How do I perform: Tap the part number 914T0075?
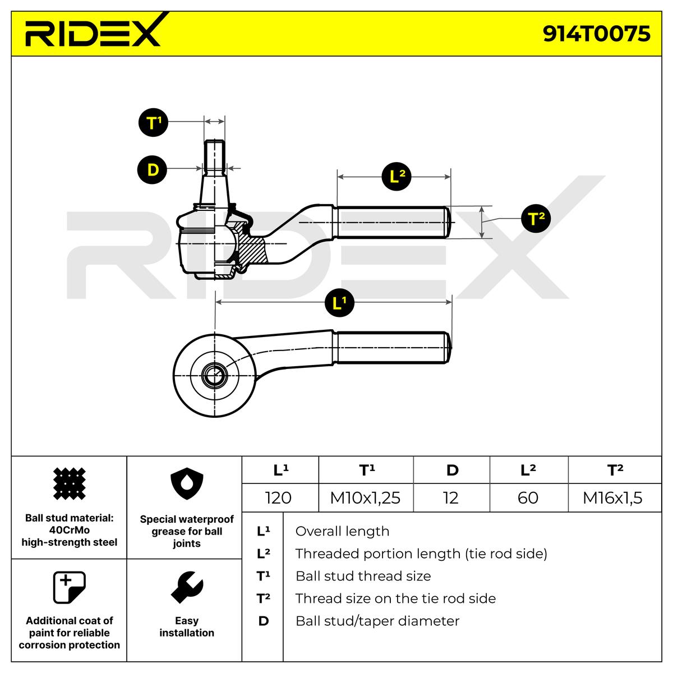pyautogui.click(x=596, y=34)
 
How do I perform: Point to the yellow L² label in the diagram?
pyautogui.click(x=397, y=177)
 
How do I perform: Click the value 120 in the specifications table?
pyautogui.click(x=278, y=497)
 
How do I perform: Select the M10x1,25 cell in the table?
pyautogui.click(x=365, y=497)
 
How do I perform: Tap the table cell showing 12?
pyautogui.click(x=450, y=497)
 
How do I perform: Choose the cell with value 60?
pyautogui.click(x=528, y=497)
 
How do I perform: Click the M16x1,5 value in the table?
pyautogui.click(x=612, y=497)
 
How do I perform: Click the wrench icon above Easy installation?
pyautogui.click(x=186, y=587)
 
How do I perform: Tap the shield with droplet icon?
pyautogui.click(x=186, y=486)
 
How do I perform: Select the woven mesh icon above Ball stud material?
pyautogui.click(x=69, y=483)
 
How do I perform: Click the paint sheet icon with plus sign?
pyautogui.click(x=69, y=587)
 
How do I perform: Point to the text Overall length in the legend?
pyautogui.click(x=342, y=531)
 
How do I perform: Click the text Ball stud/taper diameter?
pyautogui.click(x=377, y=621)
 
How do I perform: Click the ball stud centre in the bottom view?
pyautogui.click(x=214, y=375)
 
